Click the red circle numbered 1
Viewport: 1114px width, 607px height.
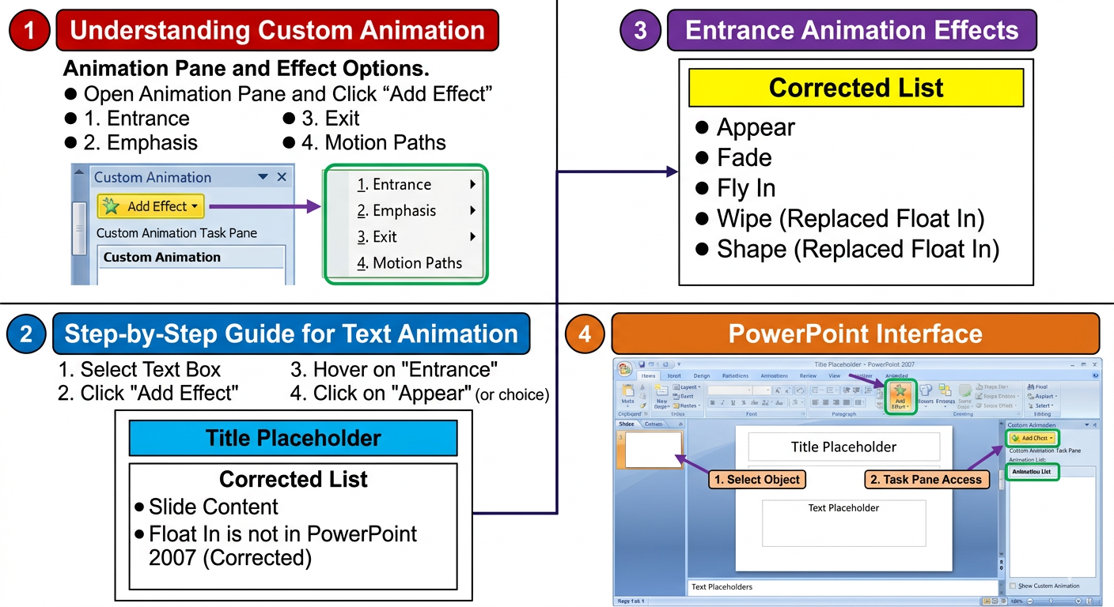pos(30,31)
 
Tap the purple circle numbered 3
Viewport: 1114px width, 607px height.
pos(640,31)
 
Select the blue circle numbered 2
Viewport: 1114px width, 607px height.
pos(27,334)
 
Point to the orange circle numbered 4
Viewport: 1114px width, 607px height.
pos(585,334)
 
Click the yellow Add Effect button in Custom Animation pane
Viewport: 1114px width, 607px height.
pos(151,206)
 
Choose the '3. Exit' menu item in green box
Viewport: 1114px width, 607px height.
pos(385,237)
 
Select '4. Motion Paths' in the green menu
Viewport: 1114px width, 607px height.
pos(409,263)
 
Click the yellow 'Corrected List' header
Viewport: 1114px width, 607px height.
pos(855,88)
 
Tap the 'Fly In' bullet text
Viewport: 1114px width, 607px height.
pos(746,188)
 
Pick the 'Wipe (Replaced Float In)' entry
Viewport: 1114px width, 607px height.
pos(850,219)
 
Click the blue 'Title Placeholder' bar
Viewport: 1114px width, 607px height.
pos(293,438)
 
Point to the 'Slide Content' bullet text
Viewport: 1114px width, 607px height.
pos(214,507)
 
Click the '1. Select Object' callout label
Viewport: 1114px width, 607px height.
pos(757,479)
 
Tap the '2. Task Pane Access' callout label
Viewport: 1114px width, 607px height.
pos(926,479)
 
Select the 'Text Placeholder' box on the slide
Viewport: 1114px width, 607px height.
pos(843,522)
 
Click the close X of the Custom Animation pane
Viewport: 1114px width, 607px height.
pos(282,177)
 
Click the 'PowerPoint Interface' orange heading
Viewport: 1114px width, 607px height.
pos(855,334)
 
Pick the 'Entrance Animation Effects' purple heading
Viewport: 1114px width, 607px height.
pos(851,31)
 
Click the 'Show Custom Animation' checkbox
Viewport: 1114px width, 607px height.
pos(1014,586)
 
